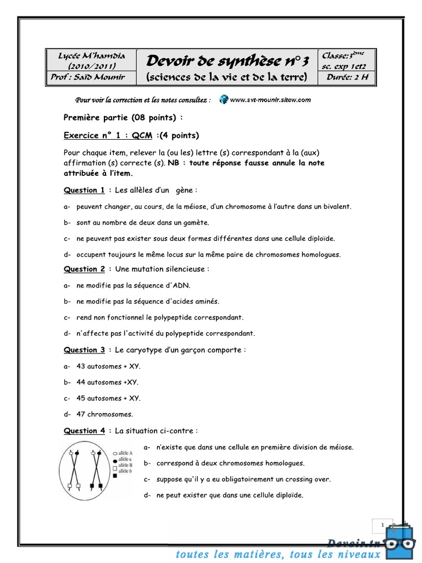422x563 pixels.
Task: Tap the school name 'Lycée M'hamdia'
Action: (x=92, y=56)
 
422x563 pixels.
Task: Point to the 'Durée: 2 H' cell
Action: (x=347, y=78)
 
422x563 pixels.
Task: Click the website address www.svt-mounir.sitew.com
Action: (x=270, y=100)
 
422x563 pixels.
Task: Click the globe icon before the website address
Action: (x=223, y=100)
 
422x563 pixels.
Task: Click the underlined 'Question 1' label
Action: (x=84, y=190)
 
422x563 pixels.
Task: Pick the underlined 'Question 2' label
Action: (x=84, y=269)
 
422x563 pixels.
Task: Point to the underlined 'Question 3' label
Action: (x=84, y=350)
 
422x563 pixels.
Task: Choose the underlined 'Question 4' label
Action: (x=84, y=430)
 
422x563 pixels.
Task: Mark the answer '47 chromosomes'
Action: (x=104, y=414)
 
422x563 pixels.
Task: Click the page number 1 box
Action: (x=382, y=526)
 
